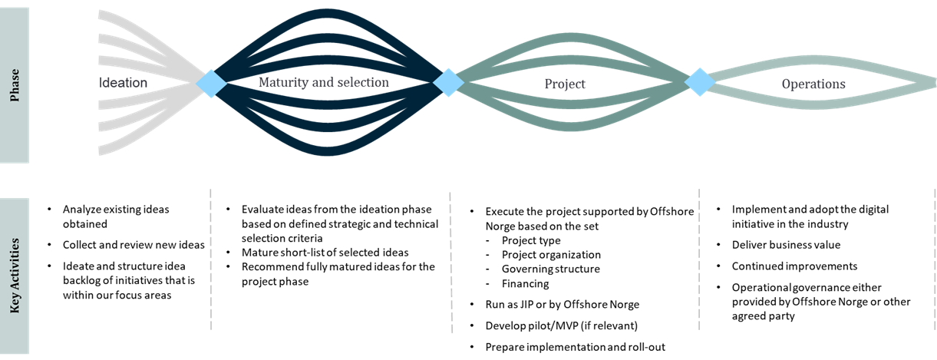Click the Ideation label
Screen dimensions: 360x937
coord(124,82)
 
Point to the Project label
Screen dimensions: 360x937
coord(565,84)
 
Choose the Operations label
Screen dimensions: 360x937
coord(813,84)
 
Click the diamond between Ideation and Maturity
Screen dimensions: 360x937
coord(210,82)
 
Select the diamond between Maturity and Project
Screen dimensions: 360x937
coord(448,82)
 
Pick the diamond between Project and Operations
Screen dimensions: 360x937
coord(699,82)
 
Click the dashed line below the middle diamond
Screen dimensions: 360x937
coord(450,261)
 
